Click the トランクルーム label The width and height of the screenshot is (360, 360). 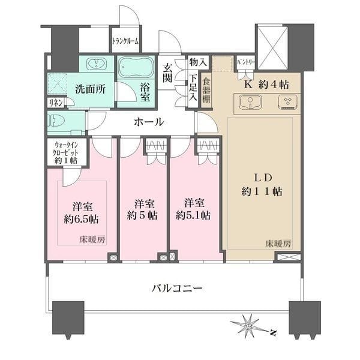[125, 41]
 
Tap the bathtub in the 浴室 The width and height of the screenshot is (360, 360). [136, 68]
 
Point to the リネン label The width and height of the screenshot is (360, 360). [54, 103]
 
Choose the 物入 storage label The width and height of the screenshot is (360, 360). [197, 61]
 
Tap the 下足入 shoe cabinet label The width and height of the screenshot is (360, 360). [193, 86]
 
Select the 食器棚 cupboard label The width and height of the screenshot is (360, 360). [206, 90]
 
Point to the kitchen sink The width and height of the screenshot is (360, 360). [248, 103]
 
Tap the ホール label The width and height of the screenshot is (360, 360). [148, 122]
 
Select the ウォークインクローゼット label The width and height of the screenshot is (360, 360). [67, 152]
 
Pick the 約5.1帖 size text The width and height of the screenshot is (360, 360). [193, 214]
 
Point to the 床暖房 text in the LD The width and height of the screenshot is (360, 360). [278, 244]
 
